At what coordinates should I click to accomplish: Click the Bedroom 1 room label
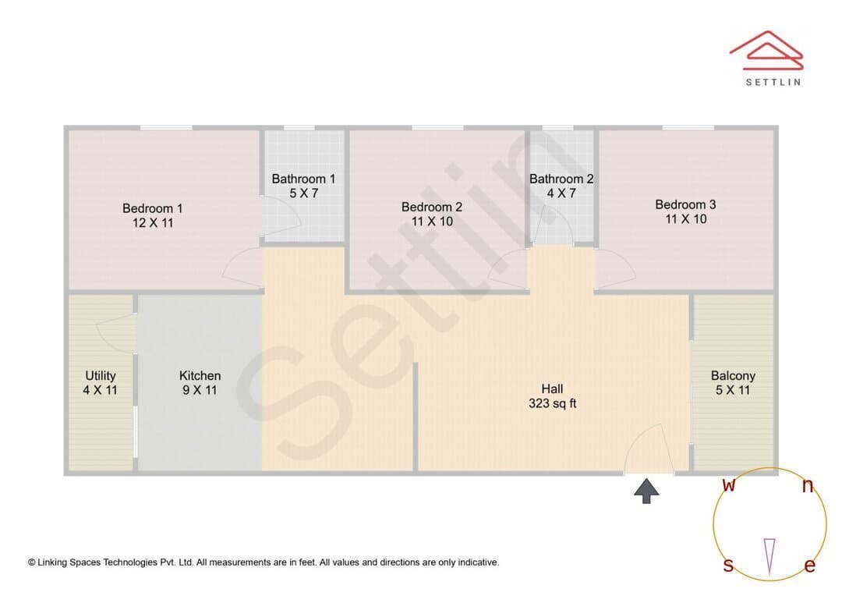[153, 208]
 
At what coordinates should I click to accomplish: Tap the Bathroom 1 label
[303, 179]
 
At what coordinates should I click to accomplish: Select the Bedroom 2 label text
[432, 207]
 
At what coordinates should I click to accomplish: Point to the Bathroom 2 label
[561, 179]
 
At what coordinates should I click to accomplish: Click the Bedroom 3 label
[686, 204]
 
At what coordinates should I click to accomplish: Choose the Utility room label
[101, 376]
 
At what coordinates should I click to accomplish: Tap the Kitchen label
[200, 376]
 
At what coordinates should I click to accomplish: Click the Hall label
[552, 388]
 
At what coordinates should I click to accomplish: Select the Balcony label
[733, 376]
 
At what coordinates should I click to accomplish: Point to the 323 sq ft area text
[552, 403]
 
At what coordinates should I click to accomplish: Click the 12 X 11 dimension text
[153, 223]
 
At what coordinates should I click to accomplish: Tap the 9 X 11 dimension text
[200, 390]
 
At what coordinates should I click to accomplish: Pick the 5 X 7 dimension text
[304, 193]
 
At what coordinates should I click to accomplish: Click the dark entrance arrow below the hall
[646, 491]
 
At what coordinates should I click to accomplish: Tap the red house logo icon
[766, 51]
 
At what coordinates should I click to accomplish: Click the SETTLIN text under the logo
[773, 82]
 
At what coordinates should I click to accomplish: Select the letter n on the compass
[808, 486]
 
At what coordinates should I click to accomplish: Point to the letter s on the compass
[728, 565]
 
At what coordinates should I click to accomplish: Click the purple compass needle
[769, 557]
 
